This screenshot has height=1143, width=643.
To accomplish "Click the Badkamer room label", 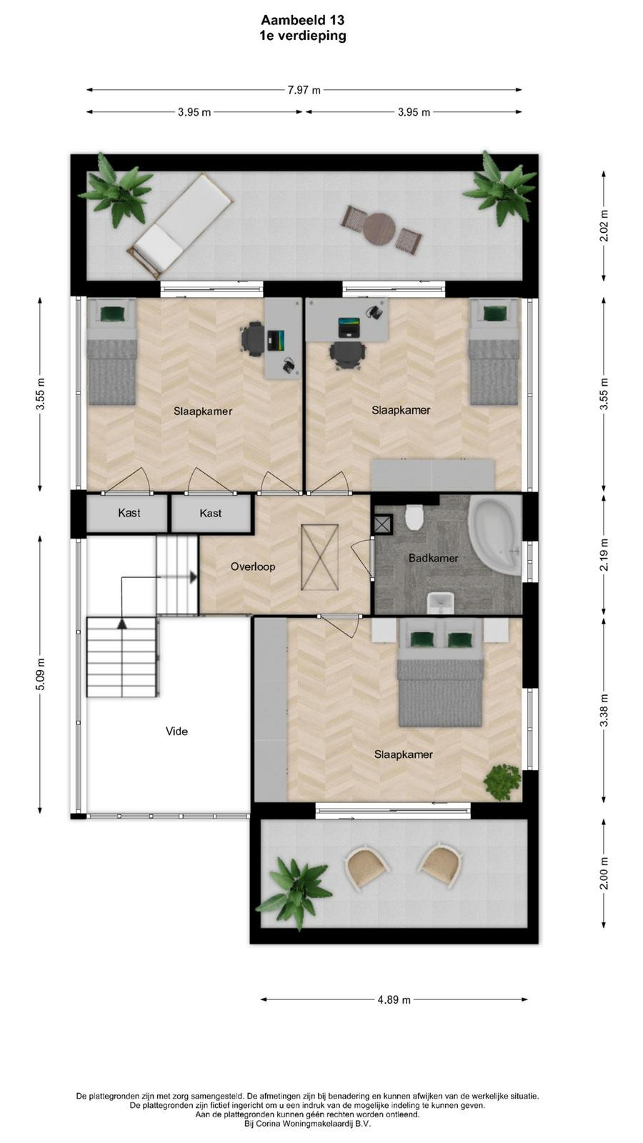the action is [433, 558].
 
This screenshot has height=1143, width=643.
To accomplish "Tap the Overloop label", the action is [253, 566].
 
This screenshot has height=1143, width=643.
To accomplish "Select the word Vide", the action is [176, 732].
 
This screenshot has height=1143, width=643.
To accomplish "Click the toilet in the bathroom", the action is [414, 517].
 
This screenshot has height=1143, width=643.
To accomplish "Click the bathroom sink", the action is [440, 603].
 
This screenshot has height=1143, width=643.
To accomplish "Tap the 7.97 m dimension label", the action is [304, 90].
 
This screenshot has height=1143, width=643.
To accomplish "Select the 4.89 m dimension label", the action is [394, 999].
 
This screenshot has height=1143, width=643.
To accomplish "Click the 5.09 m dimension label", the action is [40, 674].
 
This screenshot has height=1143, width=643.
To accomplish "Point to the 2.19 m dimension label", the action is [604, 554].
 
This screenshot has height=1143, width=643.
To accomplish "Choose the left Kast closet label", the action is [129, 513].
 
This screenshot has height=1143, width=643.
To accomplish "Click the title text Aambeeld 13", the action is [303, 20].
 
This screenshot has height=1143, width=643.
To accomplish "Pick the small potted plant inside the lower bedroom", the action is [503, 782].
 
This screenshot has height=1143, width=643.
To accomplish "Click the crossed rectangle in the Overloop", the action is [320, 557].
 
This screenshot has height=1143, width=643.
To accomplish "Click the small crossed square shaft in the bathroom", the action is [383, 524].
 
